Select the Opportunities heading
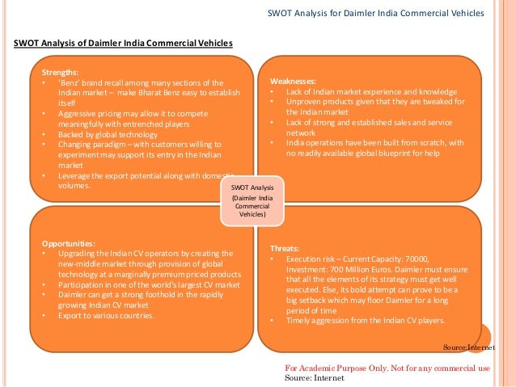[x=69, y=243]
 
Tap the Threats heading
[x=284, y=249]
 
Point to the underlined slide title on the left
[x=123, y=42]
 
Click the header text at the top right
[x=376, y=13]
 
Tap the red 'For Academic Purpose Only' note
[x=387, y=368]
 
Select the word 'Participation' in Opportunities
[x=82, y=285]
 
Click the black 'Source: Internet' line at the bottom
[x=315, y=377]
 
